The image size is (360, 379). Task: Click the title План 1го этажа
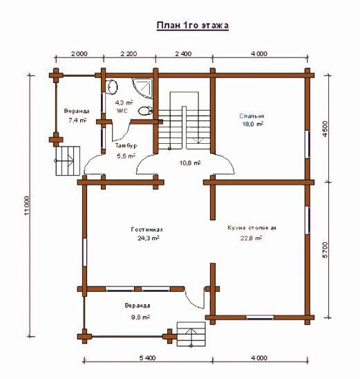[192, 26]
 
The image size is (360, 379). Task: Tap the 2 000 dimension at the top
[79, 54]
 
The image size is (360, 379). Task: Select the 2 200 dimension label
[129, 54]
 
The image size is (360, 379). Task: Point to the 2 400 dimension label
[184, 54]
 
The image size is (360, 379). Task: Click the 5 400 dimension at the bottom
[148, 358]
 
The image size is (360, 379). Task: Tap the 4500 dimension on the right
[325, 129]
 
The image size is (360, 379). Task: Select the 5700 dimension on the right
[325, 250]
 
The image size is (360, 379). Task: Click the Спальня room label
[252, 116]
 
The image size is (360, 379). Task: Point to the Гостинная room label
[146, 230]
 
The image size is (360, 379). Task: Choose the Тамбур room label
[126, 146]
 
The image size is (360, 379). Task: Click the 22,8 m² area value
[251, 238]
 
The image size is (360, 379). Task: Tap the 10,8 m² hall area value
[190, 163]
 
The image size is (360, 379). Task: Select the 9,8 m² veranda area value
[140, 317]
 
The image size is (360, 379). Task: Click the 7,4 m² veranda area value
[77, 120]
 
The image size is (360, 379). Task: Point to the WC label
[122, 111]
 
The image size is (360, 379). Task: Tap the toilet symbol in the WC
[145, 111]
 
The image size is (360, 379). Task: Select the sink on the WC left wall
[111, 86]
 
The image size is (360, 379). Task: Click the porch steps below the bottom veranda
[191, 334]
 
